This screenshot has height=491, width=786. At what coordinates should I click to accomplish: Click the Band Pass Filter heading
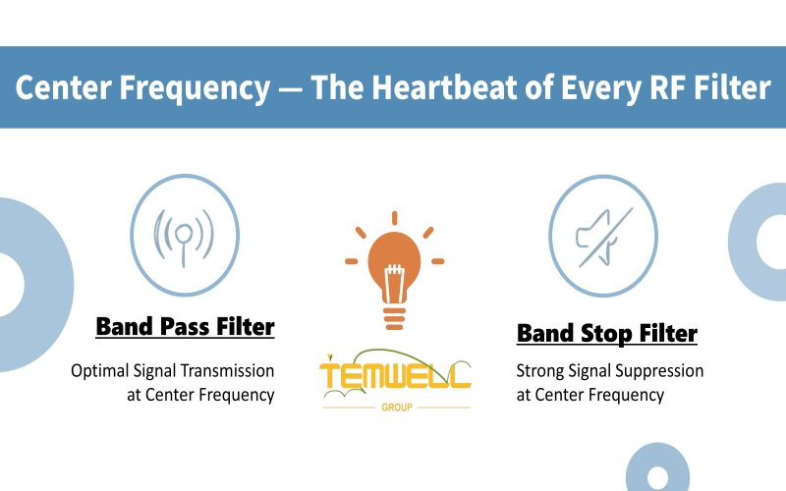pyautogui.click(x=185, y=326)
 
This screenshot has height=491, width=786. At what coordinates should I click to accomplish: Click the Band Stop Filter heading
pyautogui.click(x=606, y=334)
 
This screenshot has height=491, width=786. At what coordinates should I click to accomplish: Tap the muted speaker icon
pyautogui.click(x=601, y=236)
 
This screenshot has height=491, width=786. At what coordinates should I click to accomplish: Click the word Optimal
pyautogui.click(x=95, y=371)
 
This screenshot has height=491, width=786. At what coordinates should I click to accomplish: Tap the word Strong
pyautogui.click(x=539, y=371)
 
